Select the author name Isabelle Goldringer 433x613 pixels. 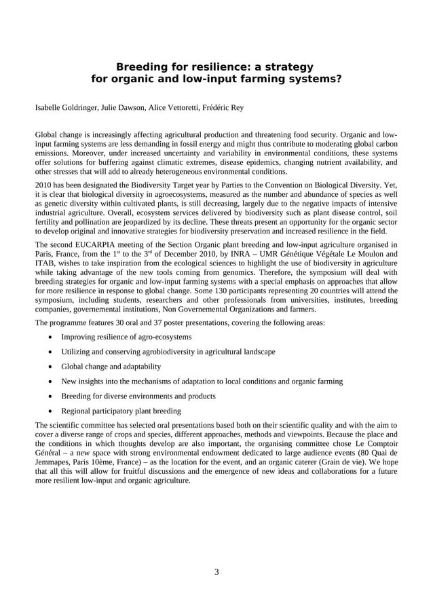pyautogui.click(x=66, y=107)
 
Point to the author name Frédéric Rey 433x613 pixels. pyautogui.click(x=225, y=107)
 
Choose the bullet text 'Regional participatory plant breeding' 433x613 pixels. pyautogui.click(x=121, y=411)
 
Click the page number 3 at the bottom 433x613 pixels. pyautogui.click(x=216, y=572)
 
